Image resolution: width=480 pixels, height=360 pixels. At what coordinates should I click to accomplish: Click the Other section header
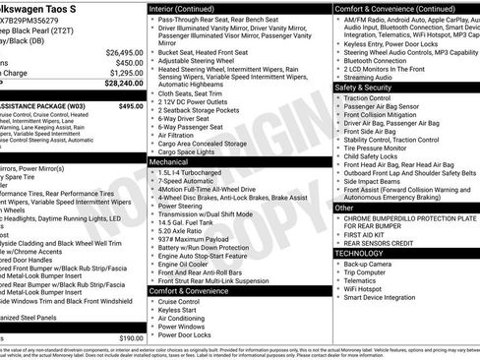point(344,208)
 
